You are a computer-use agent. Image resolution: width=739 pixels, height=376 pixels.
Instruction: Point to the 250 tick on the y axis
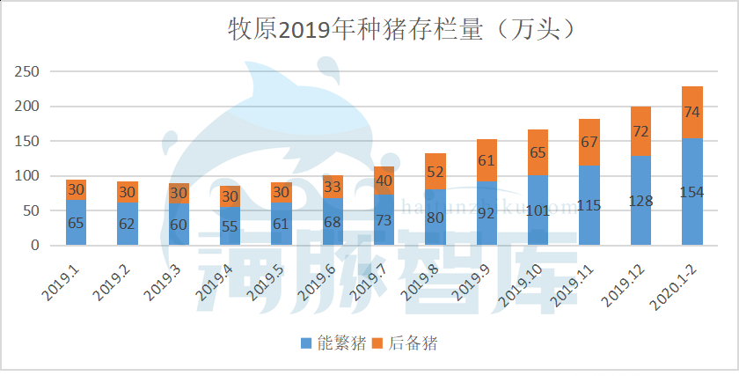pyautogui.click(x=28, y=71)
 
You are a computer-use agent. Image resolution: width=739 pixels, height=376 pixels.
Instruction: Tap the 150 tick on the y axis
pyautogui.click(x=28, y=141)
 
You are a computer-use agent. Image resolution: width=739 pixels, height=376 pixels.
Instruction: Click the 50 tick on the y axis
pyautogui.click(x=33, y=210)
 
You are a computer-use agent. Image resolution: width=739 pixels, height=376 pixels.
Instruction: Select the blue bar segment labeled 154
pyautogui.click(x=692, y=192)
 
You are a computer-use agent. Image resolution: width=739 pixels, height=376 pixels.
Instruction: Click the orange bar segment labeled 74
pyautogui.click(x=692, y=113)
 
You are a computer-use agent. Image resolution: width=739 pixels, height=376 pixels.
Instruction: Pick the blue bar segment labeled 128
pyautogui.click(x=640, y=201)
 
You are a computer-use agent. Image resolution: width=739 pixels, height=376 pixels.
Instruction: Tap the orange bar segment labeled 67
pyautogui.click(x=589, y=142)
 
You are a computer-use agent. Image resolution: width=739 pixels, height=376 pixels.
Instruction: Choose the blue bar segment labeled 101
pyautogui.click(x=538, y=210)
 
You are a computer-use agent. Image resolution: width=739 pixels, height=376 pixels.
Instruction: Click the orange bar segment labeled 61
pyautogui.click(x=487, y=160)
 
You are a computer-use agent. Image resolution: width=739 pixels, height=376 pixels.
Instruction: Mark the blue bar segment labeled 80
pyautogui.click(x=435, y=217)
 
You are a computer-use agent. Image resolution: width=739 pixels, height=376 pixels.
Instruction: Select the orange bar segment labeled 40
pyautogui.click(x=384, y=181)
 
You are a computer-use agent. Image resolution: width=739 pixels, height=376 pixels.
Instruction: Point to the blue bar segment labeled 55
pyautogui.click(x=230, y=226)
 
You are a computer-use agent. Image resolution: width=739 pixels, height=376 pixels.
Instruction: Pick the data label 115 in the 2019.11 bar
pyautogui.click(x=589, y=205)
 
